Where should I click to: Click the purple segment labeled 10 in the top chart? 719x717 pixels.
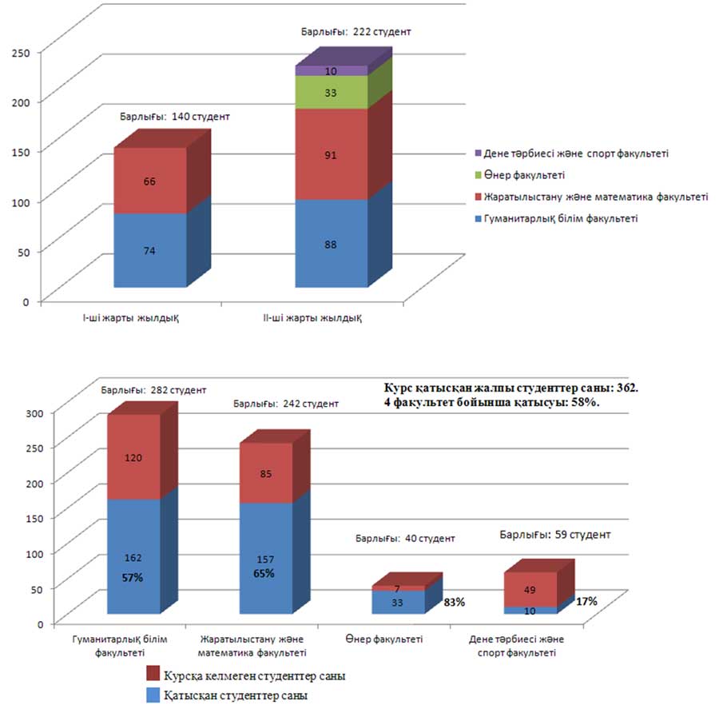click(x=332, y=71)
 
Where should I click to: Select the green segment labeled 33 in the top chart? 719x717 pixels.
click(x=332, y=93)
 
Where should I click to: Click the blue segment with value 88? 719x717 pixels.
click(x=332, y=244)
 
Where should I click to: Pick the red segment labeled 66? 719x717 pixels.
click(x=150, y=181)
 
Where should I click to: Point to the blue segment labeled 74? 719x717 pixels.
click(x=150, y=250)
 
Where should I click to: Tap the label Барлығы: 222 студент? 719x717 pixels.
click(x=356, y=32)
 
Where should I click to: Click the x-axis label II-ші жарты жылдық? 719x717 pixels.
click(x=325, y=318)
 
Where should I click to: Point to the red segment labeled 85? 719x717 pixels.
click(x=266, y=474)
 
